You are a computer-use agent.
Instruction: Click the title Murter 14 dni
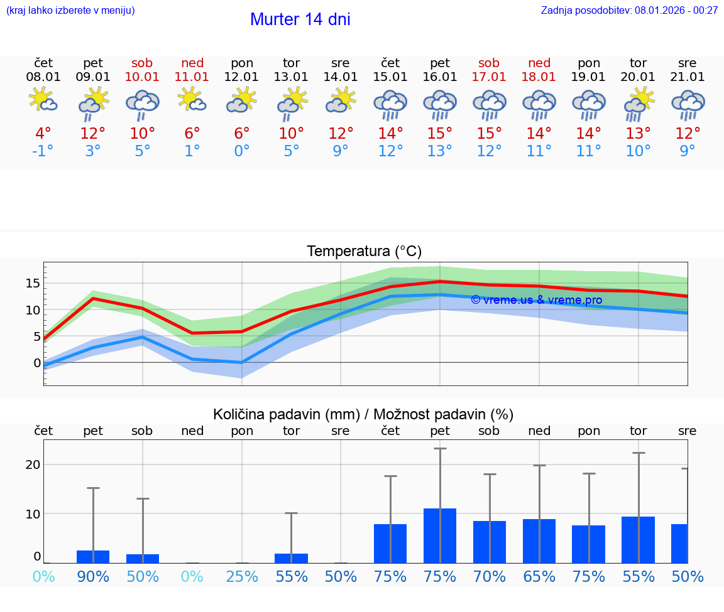click(x=300, y=19)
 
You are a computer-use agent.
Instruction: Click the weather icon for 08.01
click(x=43, y=100)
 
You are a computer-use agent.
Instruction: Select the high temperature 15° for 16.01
click(x=440, y=134)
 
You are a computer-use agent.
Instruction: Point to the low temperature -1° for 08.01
click(x=43, y=151)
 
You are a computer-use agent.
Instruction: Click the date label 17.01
click(x=489, y=77)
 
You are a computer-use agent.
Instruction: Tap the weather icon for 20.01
click(x=639, y=102)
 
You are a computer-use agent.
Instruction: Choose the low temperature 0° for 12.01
click(x=242, y=151)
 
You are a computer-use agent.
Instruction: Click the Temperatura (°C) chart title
click(x=364, y=252)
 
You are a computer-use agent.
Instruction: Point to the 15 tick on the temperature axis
click(x=33, y=283)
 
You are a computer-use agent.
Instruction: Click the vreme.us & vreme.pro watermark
click(x=536, y=300)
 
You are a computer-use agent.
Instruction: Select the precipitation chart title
click(x=363, y=414)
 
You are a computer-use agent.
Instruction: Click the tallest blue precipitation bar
click(x=440, y=535)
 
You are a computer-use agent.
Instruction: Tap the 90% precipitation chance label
click(x=93, y=576)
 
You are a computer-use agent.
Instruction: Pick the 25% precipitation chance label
click(x=242, y=576)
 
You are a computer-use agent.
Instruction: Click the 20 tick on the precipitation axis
click(x=33, y=464)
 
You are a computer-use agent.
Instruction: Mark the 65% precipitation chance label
click(x=539, y=576)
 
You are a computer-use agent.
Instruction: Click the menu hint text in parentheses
click(x=70, y=10)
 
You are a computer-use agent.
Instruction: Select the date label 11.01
click(x=192, y=77)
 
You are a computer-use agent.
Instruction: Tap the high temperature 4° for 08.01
click(x=43, y=134)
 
